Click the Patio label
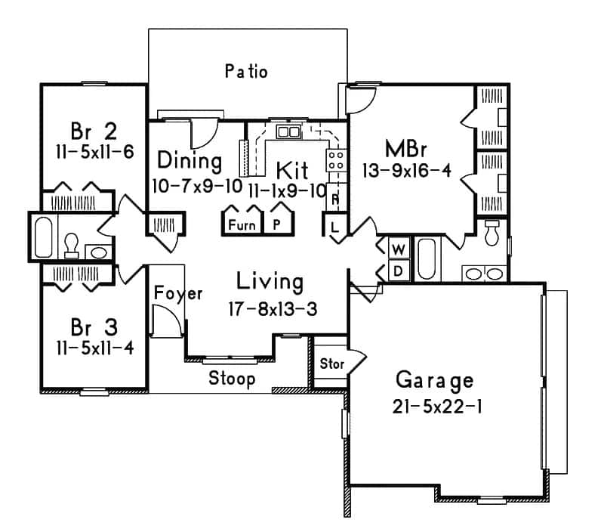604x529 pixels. (246, 72)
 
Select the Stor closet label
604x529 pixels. (332, 364)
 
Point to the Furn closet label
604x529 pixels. (241, 224)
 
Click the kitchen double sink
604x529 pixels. (288, 132)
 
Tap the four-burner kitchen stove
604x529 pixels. (335, 160)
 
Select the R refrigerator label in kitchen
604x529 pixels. (334, 200)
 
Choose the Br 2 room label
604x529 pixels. (94, 131)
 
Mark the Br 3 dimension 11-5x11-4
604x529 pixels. (94, 349)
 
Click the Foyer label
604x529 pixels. (178, 293)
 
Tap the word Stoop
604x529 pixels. (232, 378)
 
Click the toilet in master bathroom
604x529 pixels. (492, 234)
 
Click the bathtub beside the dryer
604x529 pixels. (427, 259)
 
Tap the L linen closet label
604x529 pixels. (333, 224)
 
